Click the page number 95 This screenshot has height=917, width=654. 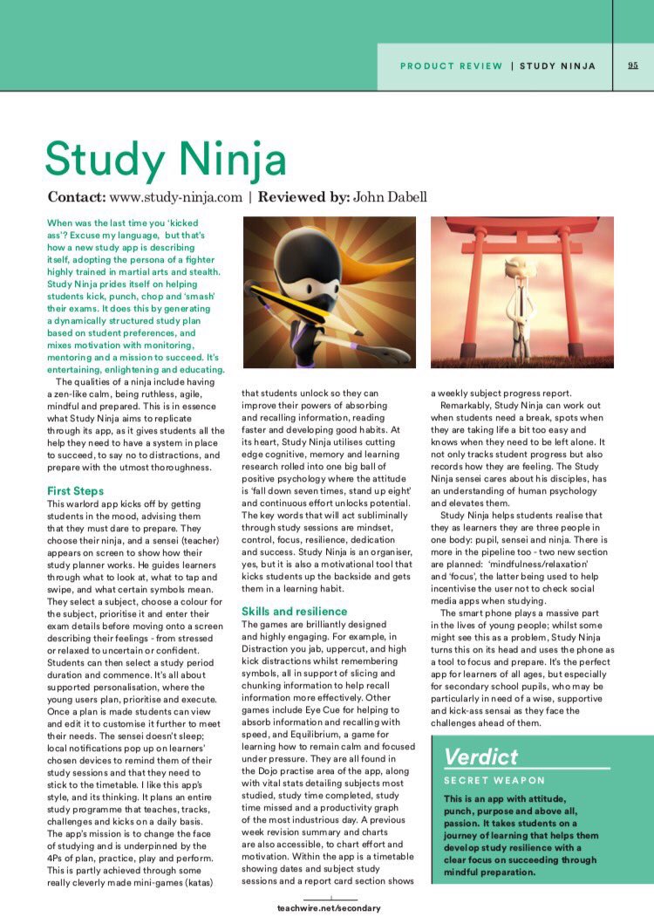[x=633, y=65]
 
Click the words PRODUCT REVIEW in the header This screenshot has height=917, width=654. [x=451, y=65]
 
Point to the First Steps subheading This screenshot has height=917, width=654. [x=75, y=491]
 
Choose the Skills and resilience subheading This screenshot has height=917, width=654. [x=294, y=611]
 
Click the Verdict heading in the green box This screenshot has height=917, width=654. [x=481, y=756]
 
